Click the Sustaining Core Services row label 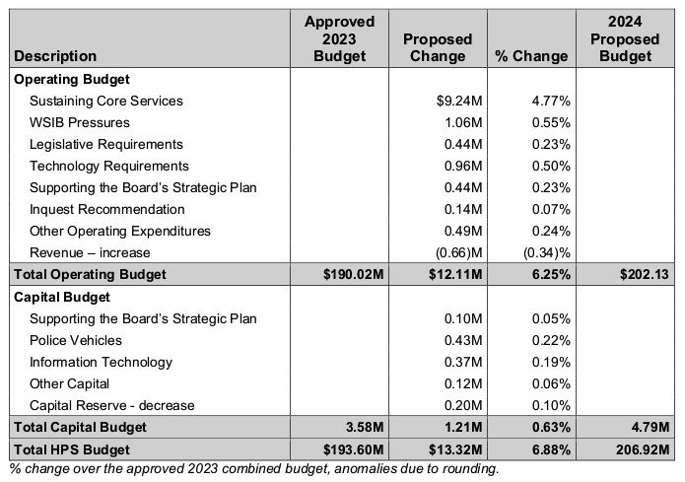click(106, 101)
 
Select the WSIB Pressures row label click(80, 122)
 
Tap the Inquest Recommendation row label click(107, 209)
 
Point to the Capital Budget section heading click(61, 296)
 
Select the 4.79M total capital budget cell click(650, 427)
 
